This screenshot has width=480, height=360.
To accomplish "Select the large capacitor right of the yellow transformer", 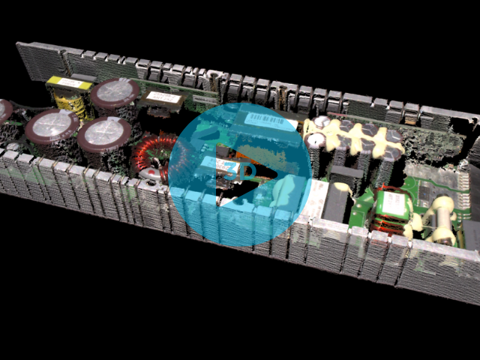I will pyautogui.click(x=114, y=93).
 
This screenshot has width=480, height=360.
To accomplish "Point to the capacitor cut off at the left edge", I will pyautogui.click(x=4, y=112).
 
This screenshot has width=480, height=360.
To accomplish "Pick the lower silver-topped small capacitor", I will pyautogui.click(x=315, y=139).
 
